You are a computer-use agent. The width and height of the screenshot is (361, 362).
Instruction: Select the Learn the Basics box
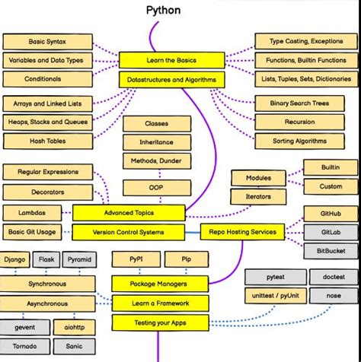pos(171,60)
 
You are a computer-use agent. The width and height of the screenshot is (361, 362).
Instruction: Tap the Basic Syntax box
pos(47,41)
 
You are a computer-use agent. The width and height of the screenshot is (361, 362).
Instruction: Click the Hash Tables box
pos(47,141)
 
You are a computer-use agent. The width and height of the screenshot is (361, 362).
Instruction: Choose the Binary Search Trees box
pos(300,103)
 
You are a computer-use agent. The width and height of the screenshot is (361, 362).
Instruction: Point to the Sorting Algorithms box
pos(300,141)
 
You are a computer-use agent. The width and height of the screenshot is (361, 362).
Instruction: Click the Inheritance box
pos(156,142)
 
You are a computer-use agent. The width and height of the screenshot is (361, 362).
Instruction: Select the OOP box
pos(156,186)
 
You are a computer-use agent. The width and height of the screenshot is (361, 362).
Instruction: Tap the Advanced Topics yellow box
pos(129,213)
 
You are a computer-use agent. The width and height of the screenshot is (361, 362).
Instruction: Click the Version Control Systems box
pos(129,232)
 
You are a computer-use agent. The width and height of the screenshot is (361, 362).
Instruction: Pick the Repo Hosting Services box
pos(243,232)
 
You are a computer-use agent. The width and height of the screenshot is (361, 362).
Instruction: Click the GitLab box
pos(331,232)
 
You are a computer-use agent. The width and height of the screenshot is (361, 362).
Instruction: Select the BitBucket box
pos(331,251)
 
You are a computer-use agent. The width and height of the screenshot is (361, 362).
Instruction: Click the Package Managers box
pos(160,284)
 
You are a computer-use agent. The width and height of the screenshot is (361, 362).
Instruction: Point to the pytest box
pos(275,278)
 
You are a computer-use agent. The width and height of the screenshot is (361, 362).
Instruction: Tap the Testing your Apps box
pos(160,323)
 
